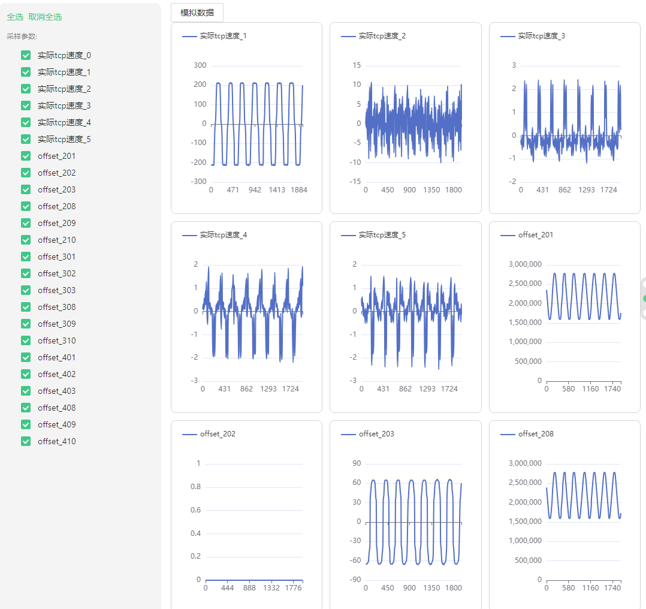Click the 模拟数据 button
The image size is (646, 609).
(x=197, y=13)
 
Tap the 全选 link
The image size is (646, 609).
(x=15, y=17)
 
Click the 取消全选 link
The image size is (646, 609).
(x=45, y=17)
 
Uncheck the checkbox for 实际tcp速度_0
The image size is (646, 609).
(x=26, y=55)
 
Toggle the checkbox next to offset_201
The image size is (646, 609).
(x=26, y=156)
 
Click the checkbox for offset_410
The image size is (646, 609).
(x=26, y=441)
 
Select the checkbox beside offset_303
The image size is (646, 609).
(x=26, y=290)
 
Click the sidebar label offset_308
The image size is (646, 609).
(x=56, y=307)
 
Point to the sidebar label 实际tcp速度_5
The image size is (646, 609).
(x=64, y=139)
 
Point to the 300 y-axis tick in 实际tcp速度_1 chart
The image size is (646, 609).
(x=200, y=65)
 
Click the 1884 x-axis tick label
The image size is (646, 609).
(x=298, y=190)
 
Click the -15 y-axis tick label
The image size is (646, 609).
(x=356, y=182)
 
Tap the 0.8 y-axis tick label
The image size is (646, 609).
(x=195, y=487)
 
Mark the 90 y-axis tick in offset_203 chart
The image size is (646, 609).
(x=356, y=463)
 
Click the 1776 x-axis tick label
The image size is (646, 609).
(x=294, y=588)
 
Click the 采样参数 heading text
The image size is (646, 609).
(x=22, y=36)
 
